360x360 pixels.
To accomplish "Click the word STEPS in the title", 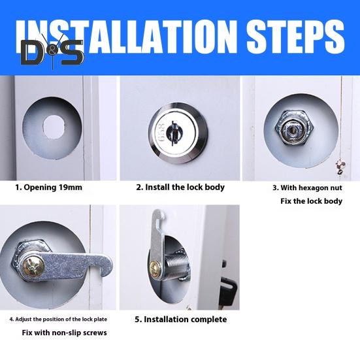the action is [295, 37].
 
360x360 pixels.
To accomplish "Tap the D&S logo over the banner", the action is [52, 52].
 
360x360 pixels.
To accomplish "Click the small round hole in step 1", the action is [54, 127].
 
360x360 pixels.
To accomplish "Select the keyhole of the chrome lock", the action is [174, 133].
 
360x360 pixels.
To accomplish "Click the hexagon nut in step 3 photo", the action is [295, 127].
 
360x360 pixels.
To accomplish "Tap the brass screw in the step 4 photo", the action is [33, 267].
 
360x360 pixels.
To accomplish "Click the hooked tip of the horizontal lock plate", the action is [106, 266].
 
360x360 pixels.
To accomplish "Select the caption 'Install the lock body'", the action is [185, 187].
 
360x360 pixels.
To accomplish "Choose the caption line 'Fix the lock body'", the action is [311, 201].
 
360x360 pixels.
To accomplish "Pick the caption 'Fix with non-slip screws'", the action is [64, 333].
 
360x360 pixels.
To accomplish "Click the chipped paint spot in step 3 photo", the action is [340, 167].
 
